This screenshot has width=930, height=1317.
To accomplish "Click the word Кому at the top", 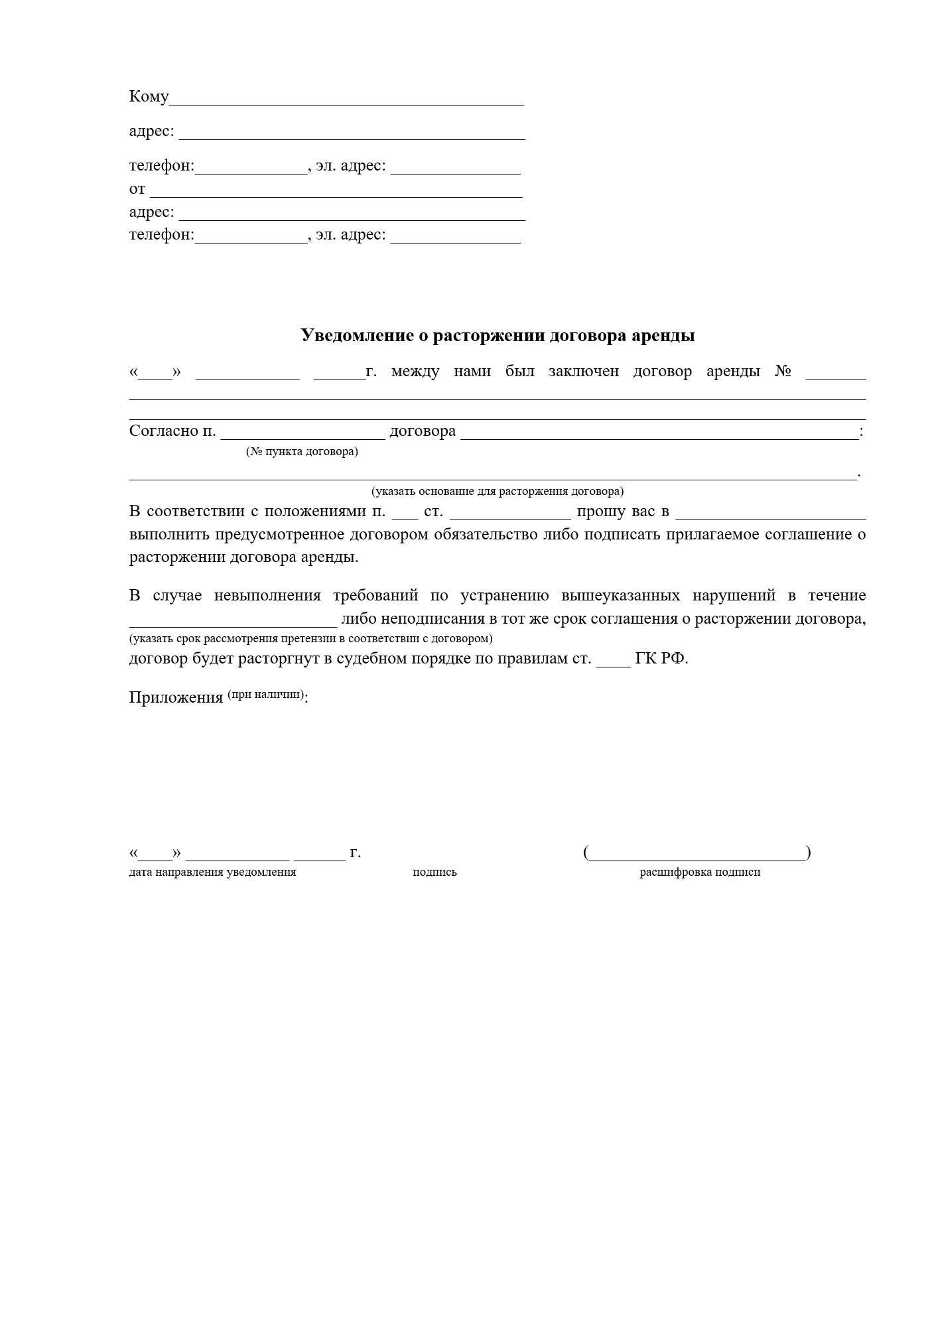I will (149, 97).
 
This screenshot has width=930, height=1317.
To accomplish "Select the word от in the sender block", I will (137, 189).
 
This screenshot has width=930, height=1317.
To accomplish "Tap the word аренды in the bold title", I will (665, 335).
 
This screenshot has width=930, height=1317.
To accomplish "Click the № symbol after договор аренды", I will (783, 372).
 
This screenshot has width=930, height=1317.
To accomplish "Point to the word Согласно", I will (165, 431).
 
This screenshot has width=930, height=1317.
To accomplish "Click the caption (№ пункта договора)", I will (302, 452).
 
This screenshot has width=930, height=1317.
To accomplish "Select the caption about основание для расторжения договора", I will (497, 492).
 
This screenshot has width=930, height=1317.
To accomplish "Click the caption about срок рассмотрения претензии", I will (310, 639).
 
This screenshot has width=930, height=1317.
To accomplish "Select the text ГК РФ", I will (661, 659).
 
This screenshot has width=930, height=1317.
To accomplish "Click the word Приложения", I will (176, 698).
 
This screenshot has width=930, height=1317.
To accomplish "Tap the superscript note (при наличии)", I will (265, 695).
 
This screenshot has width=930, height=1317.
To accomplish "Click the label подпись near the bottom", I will (434, 872).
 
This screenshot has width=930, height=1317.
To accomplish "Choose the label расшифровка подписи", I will (699, 872).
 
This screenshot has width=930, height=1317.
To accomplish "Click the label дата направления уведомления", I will (212, 872).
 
